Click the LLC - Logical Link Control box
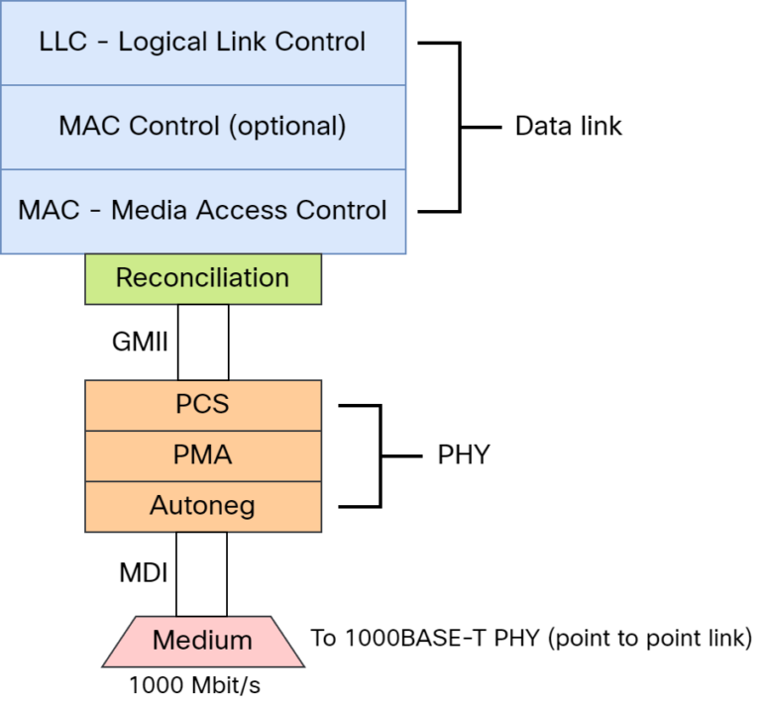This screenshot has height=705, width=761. coord(203,43)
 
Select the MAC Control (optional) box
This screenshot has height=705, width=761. coord(203,127)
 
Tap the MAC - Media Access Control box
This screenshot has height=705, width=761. coord(203,211)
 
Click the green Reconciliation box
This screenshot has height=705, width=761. coord(203,278)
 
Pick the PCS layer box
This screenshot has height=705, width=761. coord(203,405)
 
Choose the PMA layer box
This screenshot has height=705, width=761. coord(203,455)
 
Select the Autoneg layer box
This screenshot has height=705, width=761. coord(203,506)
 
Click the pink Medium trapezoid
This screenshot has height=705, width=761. coord(202,640)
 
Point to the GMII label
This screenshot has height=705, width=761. coord(138,343)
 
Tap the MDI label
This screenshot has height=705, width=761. coord(140,573)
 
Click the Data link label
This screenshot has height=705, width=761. coord(568,127)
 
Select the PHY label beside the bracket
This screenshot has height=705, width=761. coord(464,455)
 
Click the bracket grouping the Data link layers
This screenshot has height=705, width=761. coord(460,127)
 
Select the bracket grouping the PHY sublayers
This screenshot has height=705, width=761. coord(380,455)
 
